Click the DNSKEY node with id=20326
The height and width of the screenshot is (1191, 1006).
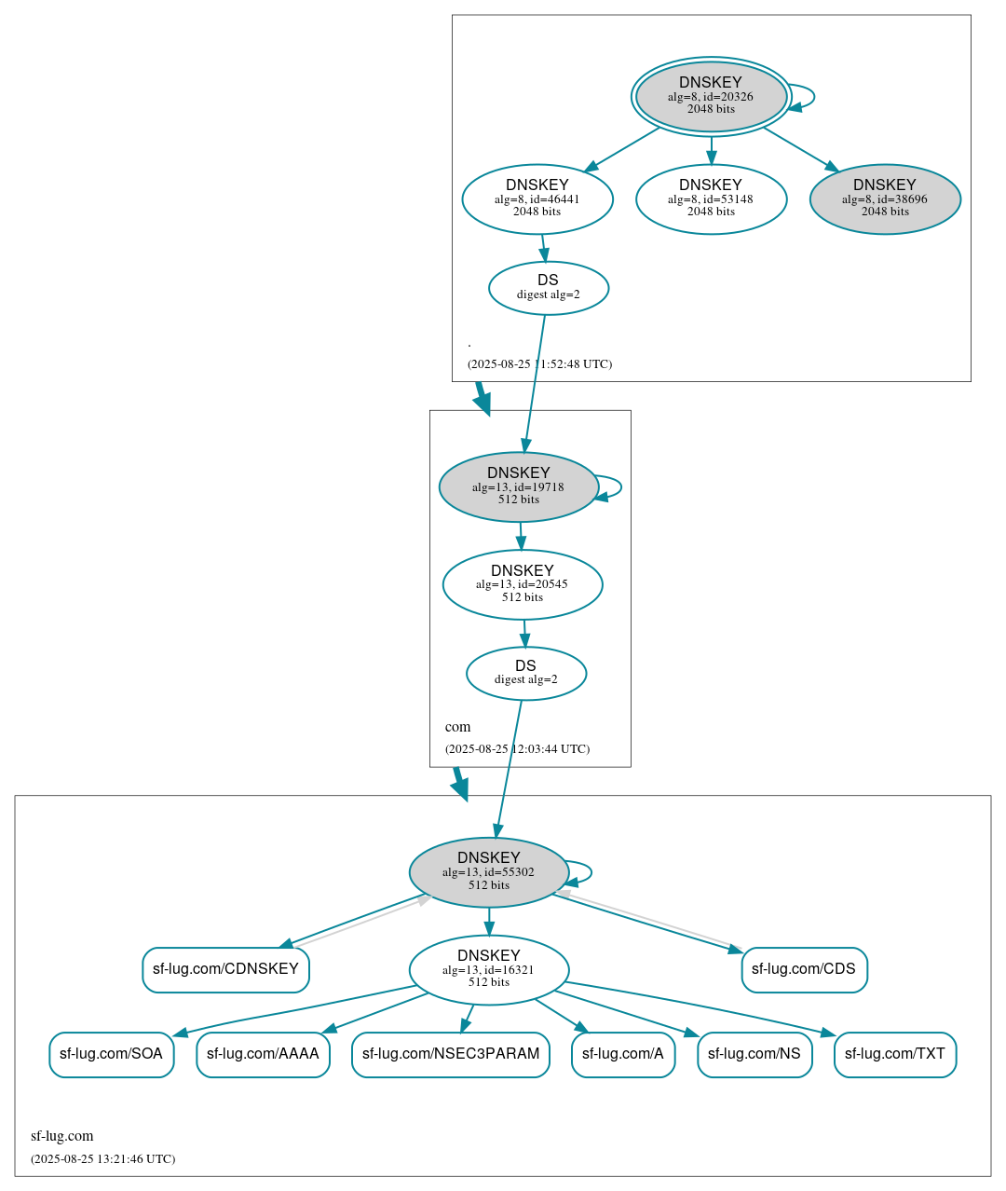pyautogui.click(x=711, y=96)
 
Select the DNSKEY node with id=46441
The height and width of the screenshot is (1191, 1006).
pyautogui.click(x=537, y=198)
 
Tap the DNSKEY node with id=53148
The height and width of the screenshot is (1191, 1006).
pyautogui.click(x=711, y=198)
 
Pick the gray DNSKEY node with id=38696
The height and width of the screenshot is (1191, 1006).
pyautogui.click(x=885, y=198)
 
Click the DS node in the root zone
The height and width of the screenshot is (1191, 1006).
pyautogui.click(x=549, y=288)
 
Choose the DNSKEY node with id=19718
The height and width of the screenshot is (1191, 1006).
pyautogui.click(x=519, y=486)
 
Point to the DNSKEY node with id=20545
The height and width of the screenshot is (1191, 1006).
pyautogui.click(x=523, y=584)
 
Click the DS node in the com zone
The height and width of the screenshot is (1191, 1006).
pyautogui.click(x=526, y=673)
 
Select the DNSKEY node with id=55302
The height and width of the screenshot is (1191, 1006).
pyautogui.click(x=489, y=872)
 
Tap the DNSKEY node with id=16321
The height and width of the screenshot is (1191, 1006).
pyautogui.click(x=489, y=970)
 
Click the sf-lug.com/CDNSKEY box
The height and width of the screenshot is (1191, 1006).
pyautogui.click(x=225, y=969)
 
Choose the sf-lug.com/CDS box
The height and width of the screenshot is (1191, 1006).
pyautogui.click(x=804, y=969)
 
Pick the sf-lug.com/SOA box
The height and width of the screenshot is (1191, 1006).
pyautogui.click(x=111, y=1054)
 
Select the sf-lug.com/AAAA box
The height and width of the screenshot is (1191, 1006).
pyautogui.click(x=263, y=1054)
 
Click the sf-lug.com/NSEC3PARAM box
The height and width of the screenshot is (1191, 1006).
pyautogui.click(x=451, y=1054)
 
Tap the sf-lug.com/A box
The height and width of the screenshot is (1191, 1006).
pyautogui.click(x=623, y=1054)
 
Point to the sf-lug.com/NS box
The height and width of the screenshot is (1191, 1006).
pyautogui.click(x=754, y=1054)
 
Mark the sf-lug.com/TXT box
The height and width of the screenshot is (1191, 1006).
pyautogui.click(x=895, y=1054)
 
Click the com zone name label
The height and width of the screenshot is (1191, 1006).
pyautogui.click(x=457, y=727)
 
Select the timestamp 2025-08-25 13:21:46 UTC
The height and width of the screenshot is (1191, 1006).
pyautogui.click(x=102, y=1159)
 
